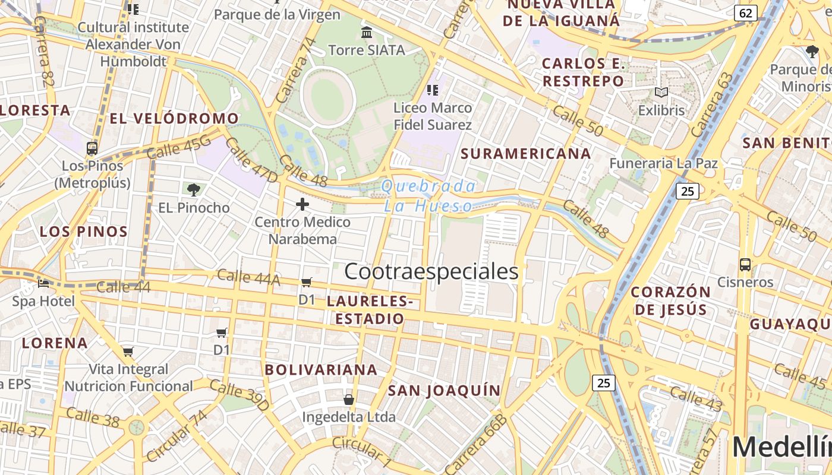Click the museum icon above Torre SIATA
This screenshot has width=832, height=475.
[x=367, y=31]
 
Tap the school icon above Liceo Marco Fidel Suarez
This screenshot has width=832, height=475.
[x=432, y=90]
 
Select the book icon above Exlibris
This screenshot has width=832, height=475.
[x=661, y=93]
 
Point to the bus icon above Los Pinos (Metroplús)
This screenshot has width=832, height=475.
[x=92, y=148]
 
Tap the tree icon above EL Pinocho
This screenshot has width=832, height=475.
[x=193, y=190]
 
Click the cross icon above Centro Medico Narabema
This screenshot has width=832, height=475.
[x=302, y=205]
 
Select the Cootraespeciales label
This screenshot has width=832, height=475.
[x=431, y=271]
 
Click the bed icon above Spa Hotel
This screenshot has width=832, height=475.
[x=43, y=283]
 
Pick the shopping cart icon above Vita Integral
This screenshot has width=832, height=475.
[x=128, y=351]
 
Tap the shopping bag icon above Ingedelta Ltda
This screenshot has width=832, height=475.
[x=349, y=399]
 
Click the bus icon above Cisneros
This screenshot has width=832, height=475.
[x=745, y=264]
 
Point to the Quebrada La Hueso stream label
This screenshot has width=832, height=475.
[x=428, y=196]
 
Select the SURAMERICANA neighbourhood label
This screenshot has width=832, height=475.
[x=526, y=154]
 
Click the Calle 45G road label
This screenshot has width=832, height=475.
[x=178, y=147]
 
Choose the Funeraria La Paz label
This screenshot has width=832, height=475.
[x=664, y=163]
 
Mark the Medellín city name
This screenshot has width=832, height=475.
[x=781, y=447]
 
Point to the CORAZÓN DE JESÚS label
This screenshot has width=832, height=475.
[x=670, y=300]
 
